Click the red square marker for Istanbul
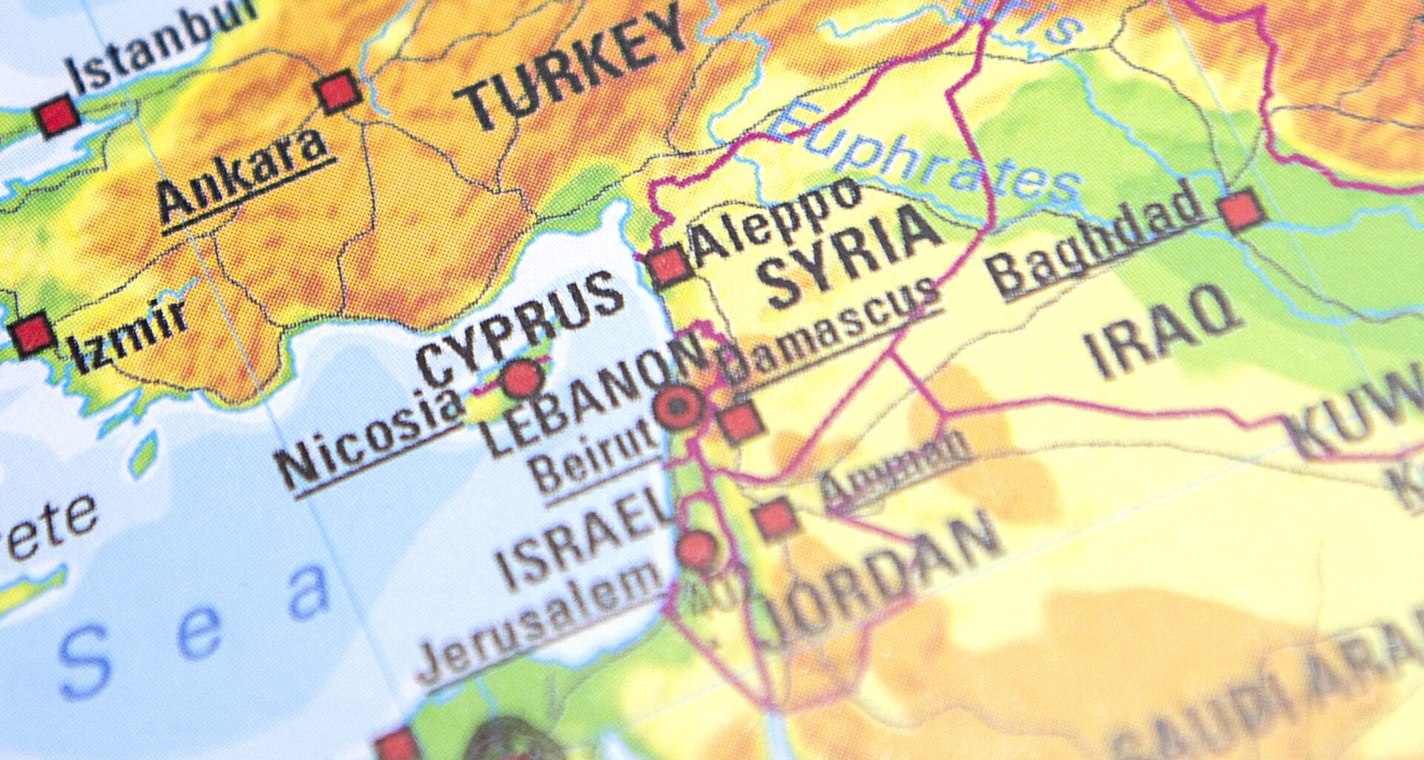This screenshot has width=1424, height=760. (x=57, y=116)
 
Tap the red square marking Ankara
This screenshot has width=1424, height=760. (x=338, y=92)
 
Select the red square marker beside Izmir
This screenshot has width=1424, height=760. (x=32, y=335)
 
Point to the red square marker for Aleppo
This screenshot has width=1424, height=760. (x=670, y=266)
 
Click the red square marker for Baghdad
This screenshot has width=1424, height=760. (x=1242, y=211)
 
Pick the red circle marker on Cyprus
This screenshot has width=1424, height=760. (x=522, y=379)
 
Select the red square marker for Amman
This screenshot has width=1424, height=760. (x=776, y=519)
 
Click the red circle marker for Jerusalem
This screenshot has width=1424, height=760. (x=696, y=550)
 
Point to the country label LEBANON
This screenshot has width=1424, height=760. (x=593, y=393)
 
